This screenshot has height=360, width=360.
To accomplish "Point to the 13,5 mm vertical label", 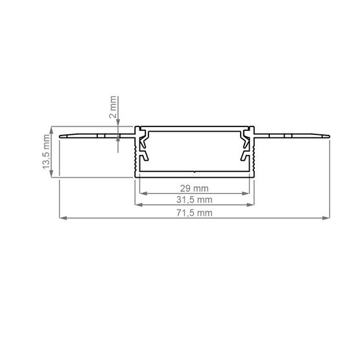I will click(x=46, y=151).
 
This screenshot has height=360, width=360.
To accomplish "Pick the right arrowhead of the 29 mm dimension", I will click(x=247, y=193).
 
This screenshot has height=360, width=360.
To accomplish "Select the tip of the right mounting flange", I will click(x=329, y=136).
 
